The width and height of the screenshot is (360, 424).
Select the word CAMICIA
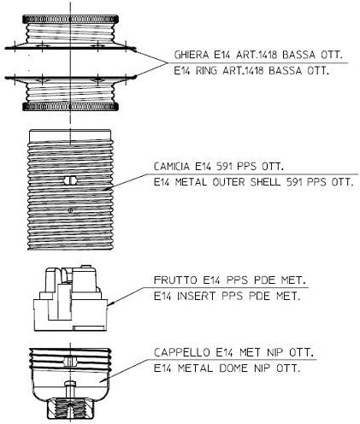coord(172,166)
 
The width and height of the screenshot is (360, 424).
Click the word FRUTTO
coord(175,280)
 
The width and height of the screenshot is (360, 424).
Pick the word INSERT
coord(196,296)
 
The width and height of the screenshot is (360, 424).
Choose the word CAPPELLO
coord(182,352)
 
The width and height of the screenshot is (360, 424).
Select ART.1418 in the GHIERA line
coord(257,55)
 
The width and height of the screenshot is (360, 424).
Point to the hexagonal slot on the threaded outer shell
coord(70,180)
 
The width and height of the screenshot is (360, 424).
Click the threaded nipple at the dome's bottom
coord(70,409)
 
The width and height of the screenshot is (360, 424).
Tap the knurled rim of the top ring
coord(70,20)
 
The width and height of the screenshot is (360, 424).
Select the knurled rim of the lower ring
coord(70,107)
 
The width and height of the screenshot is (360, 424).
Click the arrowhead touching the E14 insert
coord(110,304)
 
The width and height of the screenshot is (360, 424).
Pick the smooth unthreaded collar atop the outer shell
coord(70,135)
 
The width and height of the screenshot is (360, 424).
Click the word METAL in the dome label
coord(195,368)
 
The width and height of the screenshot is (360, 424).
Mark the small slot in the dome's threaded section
coord(70,362)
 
